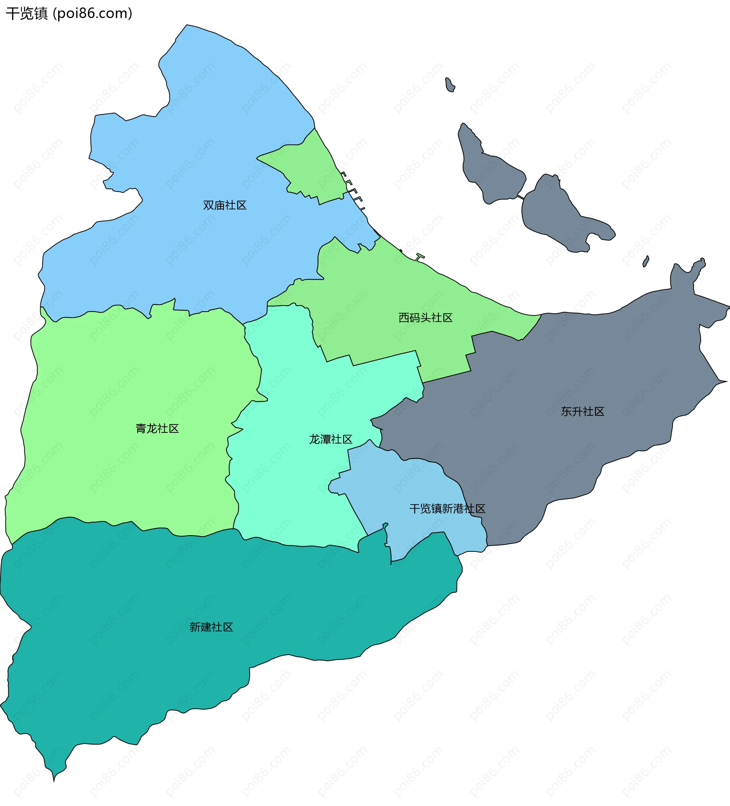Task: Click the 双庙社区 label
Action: [x=224, y=205]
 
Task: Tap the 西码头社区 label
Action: [x=425, y=318]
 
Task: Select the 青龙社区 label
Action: [x=157, y=429]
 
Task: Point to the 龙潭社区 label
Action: [x=330, y=439]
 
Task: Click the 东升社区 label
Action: [x=582, y=412]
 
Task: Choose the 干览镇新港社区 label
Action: [x=447, y=508]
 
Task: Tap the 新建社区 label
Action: [x=211, y=627]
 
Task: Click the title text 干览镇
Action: [x=26, y=14]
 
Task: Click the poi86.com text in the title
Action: [x=92, y=14]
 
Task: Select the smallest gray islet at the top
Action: [x=450, y=85]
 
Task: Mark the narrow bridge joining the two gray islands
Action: [x=521, y=197]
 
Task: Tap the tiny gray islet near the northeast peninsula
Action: [x=646, y=261]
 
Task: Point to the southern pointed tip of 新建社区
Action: [x=54, y=778]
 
